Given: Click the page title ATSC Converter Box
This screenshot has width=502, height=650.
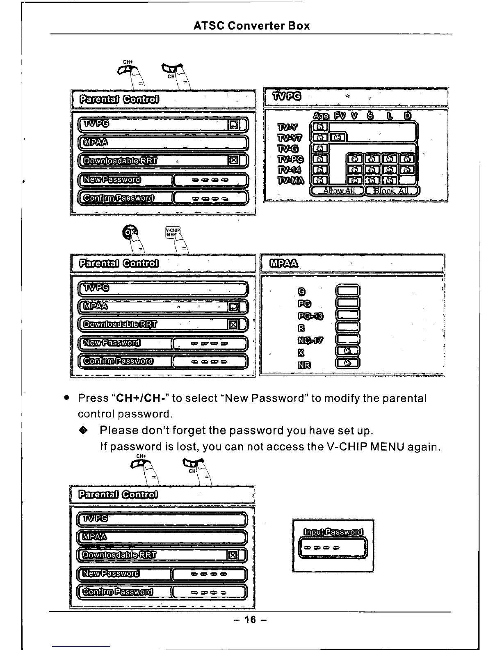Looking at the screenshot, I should (x=251, y=26).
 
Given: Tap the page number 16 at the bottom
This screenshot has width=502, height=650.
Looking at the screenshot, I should (x=250, y=619).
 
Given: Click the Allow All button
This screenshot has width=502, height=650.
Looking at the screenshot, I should (x=338, y=190).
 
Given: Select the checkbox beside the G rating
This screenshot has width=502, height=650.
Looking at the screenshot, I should (x=347, y=291).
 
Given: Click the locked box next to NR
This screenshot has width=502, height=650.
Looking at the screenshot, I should (x=347, y=363).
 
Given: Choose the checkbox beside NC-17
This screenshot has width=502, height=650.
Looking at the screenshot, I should (x=347, y=339).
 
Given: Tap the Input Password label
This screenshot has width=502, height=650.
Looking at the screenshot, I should (x=333, y=532).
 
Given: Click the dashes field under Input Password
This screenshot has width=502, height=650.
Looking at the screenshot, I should (x=333, y=548).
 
